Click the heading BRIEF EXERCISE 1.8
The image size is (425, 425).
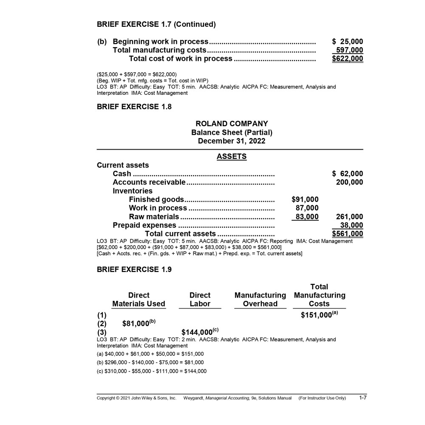coord(134,107)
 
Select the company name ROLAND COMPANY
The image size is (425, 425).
coord(232,124)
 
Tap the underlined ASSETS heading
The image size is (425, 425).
coord(232,156)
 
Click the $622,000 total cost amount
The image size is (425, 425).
coord(347,59)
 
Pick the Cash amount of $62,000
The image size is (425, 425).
coord(347,174)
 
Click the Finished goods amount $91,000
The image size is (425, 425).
coord(305,199)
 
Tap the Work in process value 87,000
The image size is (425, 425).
coord(307,208)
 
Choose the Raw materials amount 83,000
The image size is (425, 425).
coord(307,217)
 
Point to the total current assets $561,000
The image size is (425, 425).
coord(347,234)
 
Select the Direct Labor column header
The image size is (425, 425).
coord(200,299)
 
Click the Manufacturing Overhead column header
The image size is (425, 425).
coord(260,299)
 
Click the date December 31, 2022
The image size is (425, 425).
coord(232,141)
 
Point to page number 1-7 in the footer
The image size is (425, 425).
coord(363,398)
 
